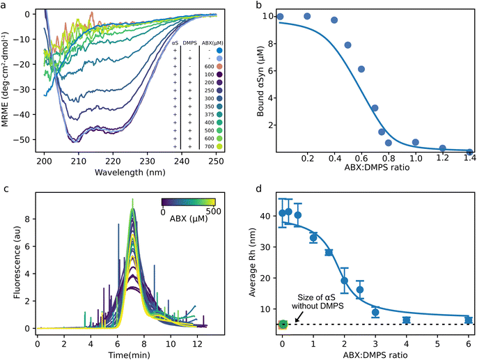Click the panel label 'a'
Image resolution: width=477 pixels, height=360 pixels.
[x=5, y=6]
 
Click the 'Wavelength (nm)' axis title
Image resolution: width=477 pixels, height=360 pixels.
[x=109, y=173]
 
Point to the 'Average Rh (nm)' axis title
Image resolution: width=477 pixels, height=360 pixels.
[x=260, y=263]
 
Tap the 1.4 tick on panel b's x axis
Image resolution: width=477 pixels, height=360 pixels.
[x=470, y=161]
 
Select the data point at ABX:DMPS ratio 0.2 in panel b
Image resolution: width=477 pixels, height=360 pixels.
[x=307, y=16]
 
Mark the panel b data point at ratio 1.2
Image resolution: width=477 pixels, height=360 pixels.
[x=443, y=148]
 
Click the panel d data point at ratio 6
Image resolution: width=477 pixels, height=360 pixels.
[x=469, y=320]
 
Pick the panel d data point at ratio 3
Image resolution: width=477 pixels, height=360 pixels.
[x=375, y=312]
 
